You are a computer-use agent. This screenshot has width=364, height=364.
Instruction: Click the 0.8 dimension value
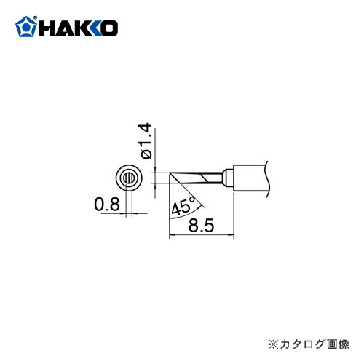[106, 206]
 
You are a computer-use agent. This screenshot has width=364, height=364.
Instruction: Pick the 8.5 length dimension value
[201, 226]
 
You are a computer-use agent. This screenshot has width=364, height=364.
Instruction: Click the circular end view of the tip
[128, 178]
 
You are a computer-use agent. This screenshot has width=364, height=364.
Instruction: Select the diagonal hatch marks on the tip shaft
[208, 177]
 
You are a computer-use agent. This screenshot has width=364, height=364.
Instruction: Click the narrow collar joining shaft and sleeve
[226, 177]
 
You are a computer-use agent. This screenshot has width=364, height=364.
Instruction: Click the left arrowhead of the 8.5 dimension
[173, 235]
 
